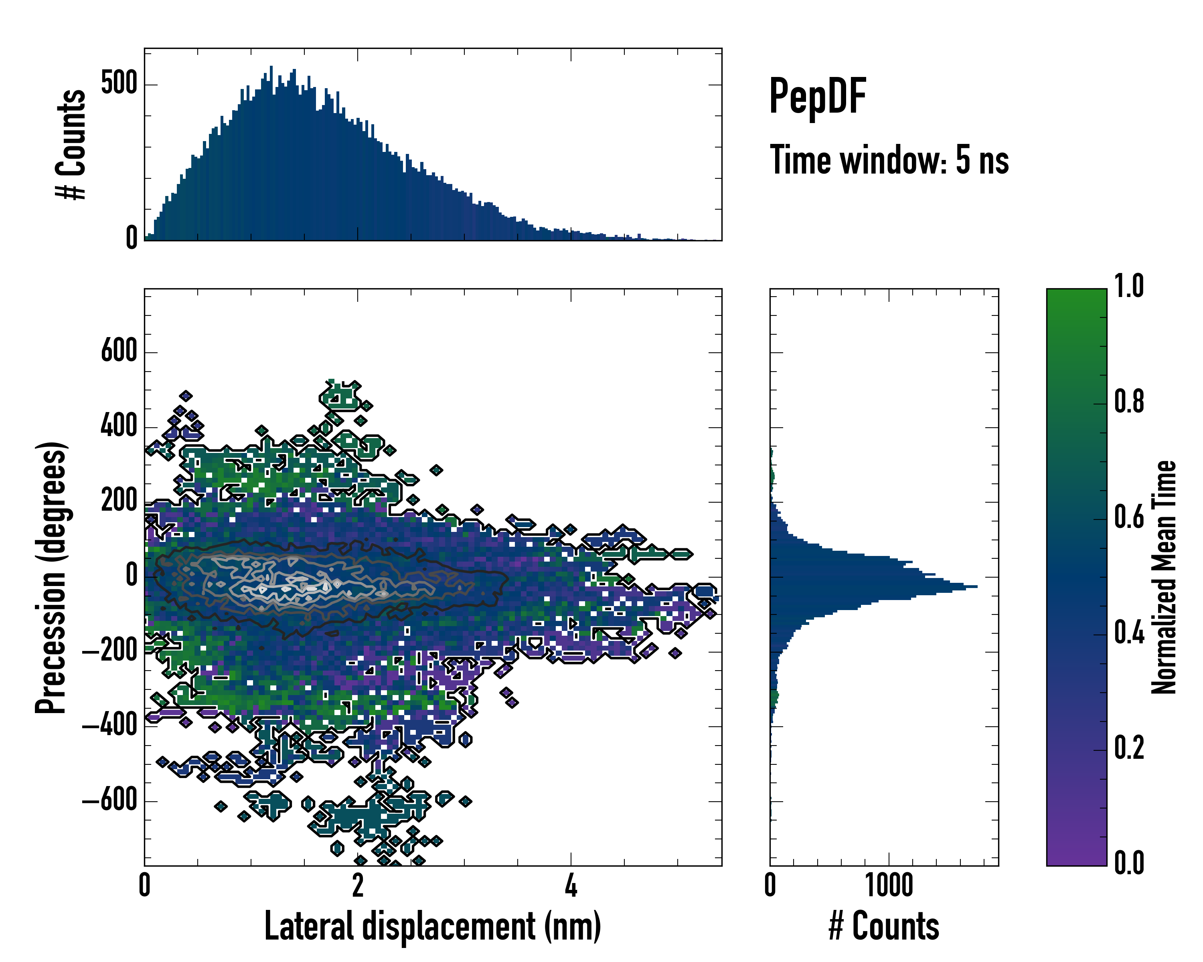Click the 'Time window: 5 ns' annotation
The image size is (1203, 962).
[889, 160]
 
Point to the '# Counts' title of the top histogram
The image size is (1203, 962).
[71, 144]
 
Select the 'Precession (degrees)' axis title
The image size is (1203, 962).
[51, 577]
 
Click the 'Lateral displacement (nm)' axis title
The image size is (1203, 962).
[432, 926]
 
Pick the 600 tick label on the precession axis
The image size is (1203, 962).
[119, 352]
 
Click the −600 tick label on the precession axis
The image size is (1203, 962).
[110, 801]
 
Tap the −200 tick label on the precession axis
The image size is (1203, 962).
[110, 651]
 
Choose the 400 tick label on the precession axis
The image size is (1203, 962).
[119, 426]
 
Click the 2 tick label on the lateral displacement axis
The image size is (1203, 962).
[358, 885]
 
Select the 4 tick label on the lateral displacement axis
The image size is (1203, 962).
[571, 885]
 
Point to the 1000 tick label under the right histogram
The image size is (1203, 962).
[889, 885]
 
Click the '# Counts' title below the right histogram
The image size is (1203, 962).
[884, 926]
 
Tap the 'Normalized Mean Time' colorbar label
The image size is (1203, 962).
[1164, 577]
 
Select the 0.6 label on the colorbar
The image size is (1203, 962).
[1129, 518]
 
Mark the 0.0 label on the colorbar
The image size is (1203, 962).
[1129, 863]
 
